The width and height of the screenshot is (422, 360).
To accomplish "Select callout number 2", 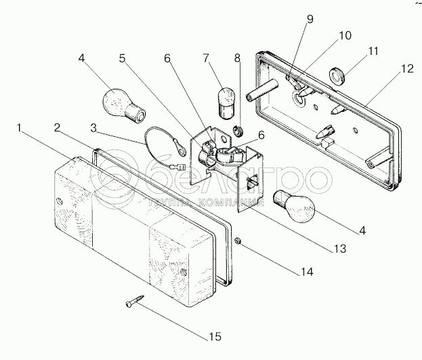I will (58, 126).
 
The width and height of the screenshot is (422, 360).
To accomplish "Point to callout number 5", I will (122, 59).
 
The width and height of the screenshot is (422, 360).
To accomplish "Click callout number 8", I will (238, 59).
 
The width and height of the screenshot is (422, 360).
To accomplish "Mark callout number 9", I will (310, 19).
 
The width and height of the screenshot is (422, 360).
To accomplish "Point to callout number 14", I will (308, 272).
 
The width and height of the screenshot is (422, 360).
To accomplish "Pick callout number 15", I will (215, 336).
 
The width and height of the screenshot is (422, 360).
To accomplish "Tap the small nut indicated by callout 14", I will (238, 241).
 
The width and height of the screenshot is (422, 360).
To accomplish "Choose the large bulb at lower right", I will (290, 202).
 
